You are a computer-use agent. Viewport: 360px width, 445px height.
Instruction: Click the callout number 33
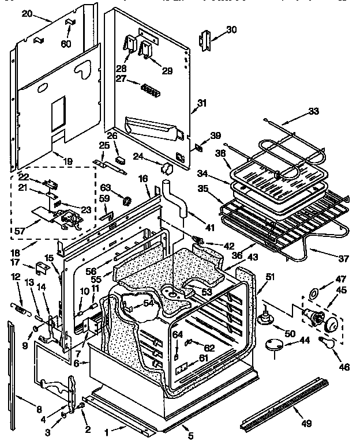[313, 111]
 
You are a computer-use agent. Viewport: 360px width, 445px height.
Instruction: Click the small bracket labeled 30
[204, 39]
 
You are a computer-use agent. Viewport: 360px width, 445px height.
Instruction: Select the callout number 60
[67, 44]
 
